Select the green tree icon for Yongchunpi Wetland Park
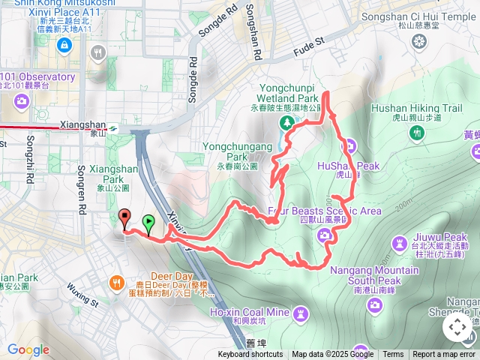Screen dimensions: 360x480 (x=286, y=122)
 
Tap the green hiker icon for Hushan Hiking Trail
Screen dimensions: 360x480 (x=417, y=133)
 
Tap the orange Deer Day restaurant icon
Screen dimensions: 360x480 (x=117, y=283)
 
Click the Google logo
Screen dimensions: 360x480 (x=28, y=349)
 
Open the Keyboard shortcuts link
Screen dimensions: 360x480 (x=250, y=355)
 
